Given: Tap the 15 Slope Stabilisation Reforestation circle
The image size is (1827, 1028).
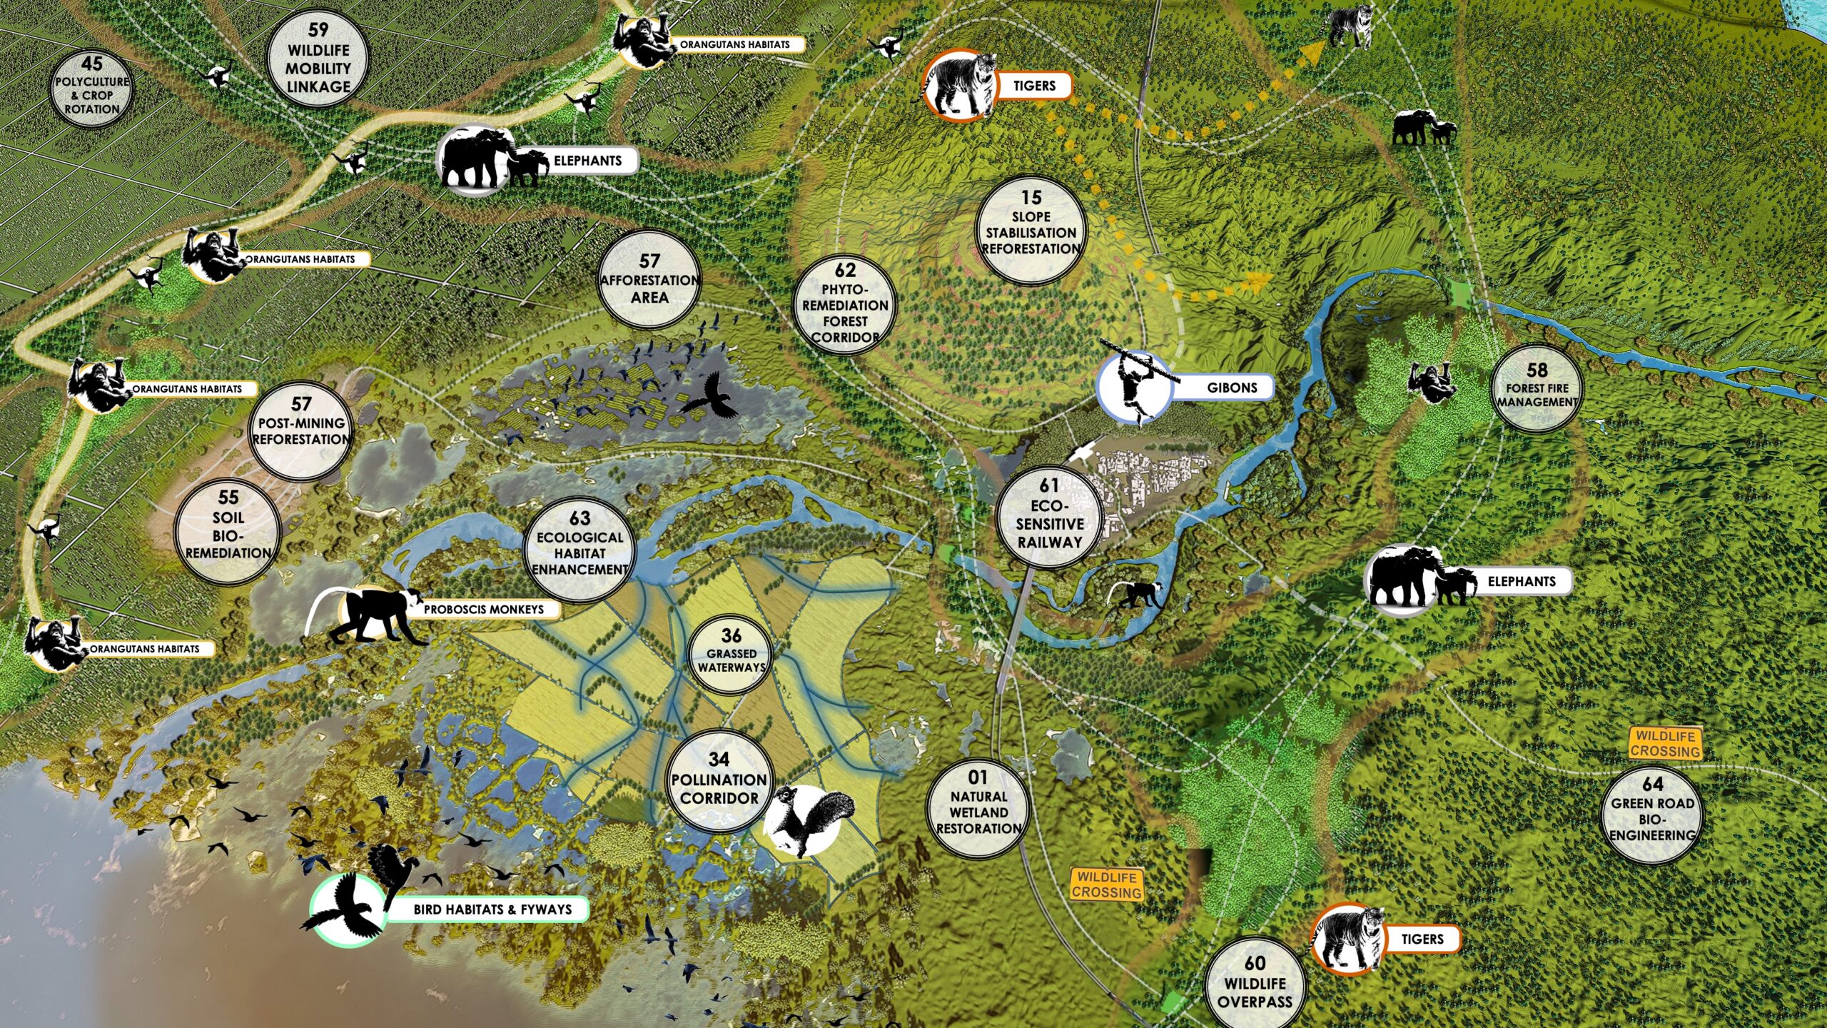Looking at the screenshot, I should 1031,228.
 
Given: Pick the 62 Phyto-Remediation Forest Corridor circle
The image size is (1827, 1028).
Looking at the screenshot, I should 845,306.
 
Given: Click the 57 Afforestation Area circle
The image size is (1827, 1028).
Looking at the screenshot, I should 649,280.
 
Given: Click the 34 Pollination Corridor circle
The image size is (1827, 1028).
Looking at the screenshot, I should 719,781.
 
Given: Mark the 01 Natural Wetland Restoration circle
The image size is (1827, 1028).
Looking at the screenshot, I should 978,807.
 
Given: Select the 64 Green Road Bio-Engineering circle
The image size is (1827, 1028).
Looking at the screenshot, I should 1652,815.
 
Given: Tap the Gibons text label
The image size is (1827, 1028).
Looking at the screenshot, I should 1232,388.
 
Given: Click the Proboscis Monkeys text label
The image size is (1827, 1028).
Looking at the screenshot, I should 484,610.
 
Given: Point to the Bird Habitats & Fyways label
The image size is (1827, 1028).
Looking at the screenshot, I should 492,909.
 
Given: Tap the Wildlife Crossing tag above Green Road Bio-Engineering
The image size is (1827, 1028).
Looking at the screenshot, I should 1665,743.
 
